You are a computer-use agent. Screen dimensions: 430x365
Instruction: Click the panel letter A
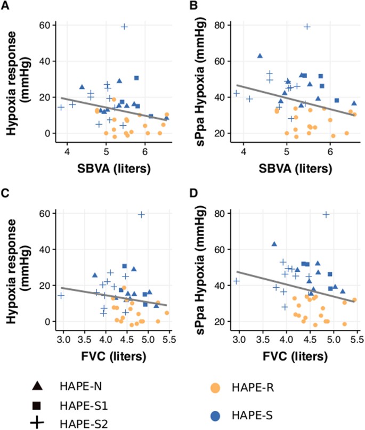[x=5, y=6]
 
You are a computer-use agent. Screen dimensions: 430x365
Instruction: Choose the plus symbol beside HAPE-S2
[x=37, y=423]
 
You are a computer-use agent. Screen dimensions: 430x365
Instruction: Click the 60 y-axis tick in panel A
[x=51, y=25]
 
